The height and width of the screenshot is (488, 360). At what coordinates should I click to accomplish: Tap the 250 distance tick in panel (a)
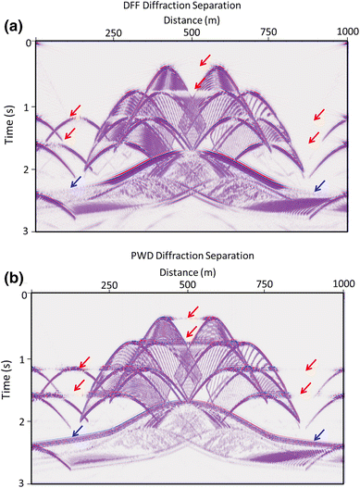click(114, 32)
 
